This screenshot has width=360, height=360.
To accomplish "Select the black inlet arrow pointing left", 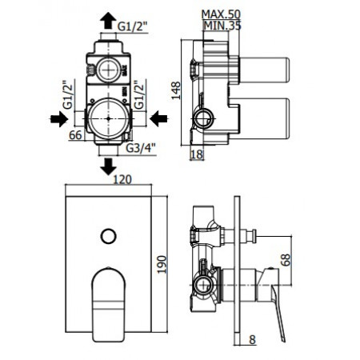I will [159, 119].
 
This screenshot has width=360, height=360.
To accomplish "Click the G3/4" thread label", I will [139, 147].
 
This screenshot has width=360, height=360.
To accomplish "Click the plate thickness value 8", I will [250, 338].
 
